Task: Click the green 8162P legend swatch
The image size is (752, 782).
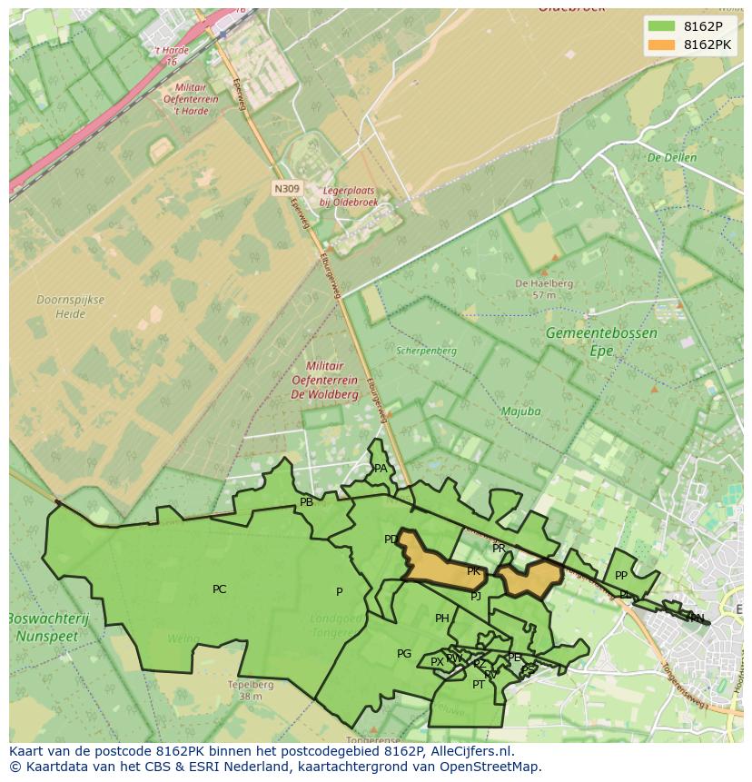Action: tap(661, 26)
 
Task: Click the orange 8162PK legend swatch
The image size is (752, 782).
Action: tap(661, 45)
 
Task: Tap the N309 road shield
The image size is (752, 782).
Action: tap(285, 188)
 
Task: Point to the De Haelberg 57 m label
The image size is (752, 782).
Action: tap(543, 289)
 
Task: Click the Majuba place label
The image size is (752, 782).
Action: tap(520, 411)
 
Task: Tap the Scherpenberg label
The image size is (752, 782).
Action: tap(426, 351)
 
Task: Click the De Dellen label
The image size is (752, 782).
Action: tap(671, 158)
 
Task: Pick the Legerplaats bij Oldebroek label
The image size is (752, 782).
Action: tap(348, 197)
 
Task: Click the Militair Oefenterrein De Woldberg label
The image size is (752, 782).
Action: tap(324, 380)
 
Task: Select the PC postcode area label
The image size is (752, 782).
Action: tap(219, 589)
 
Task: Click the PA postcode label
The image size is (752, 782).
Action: tap(381, 469)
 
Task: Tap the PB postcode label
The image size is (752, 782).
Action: tap(306, 502)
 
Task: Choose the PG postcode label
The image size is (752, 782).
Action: tap(404, 654)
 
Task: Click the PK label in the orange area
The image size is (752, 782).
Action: tap(473, 571)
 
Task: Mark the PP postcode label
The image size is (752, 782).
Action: tap(621, 576)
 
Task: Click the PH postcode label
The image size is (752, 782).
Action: tap(441, 619)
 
